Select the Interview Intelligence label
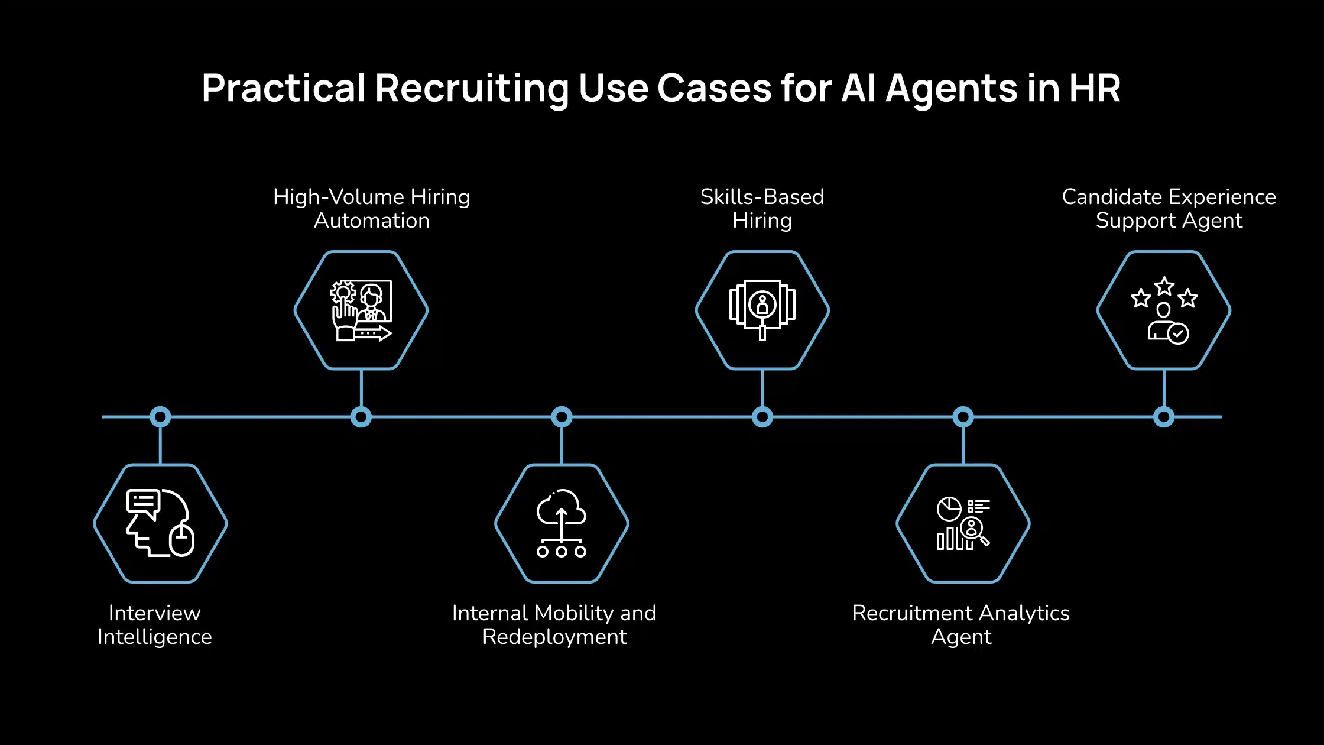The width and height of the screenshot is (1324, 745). (155, 625)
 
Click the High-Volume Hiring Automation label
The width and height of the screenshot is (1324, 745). (371, 209)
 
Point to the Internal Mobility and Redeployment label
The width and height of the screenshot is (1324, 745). (554, 625)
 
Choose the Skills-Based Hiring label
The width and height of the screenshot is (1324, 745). (762, 209)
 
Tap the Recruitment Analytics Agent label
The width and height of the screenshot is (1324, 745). (960, 625)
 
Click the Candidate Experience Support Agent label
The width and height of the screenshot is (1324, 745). (1169, 209)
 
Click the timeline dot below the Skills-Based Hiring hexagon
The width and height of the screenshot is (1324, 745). (762, 417)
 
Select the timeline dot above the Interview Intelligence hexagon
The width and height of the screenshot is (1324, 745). (160, 417)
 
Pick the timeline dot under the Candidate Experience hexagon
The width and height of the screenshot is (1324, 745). (1163, 417)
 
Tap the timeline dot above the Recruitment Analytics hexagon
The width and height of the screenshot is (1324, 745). (963, 417)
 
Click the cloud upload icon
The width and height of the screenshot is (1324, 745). (561, 509)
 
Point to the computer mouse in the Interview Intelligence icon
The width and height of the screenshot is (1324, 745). (182, 540)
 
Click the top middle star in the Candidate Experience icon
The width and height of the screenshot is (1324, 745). (1164, 287)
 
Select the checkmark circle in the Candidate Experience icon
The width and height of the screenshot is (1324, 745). (1178, 334)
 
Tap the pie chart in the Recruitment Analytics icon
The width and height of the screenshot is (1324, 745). (949, 509)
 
